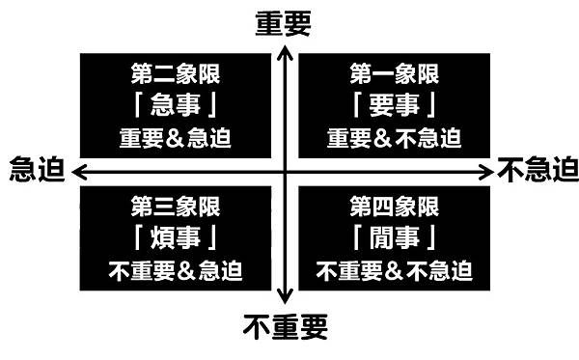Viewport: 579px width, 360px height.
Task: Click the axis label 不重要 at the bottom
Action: point(285,326)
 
